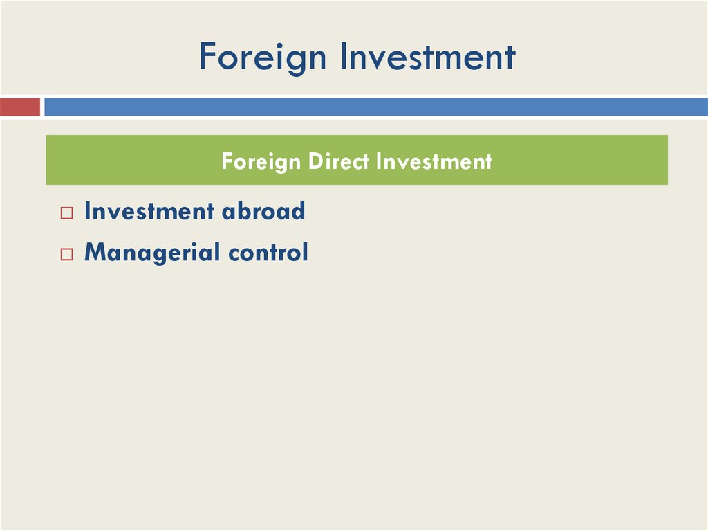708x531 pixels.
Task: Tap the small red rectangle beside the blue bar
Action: click(19, 107)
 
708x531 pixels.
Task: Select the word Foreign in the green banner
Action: click(261, 162)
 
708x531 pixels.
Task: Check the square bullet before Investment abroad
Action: click(66, 213)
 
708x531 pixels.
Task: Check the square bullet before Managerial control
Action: click(66, 255)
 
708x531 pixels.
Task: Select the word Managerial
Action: click(142, 253)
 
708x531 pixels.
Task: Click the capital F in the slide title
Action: click(206, 57)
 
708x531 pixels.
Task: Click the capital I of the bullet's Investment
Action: click(87, 211)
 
